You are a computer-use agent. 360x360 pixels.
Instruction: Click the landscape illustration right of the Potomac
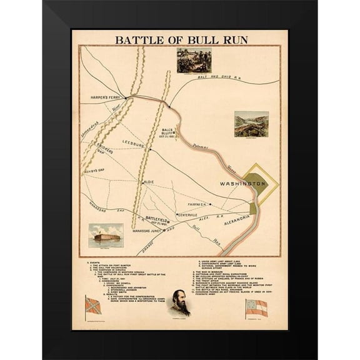[251, 124]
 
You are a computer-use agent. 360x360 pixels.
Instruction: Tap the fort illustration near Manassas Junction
[106, 235]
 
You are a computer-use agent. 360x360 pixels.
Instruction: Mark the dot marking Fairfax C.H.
[210, 204]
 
